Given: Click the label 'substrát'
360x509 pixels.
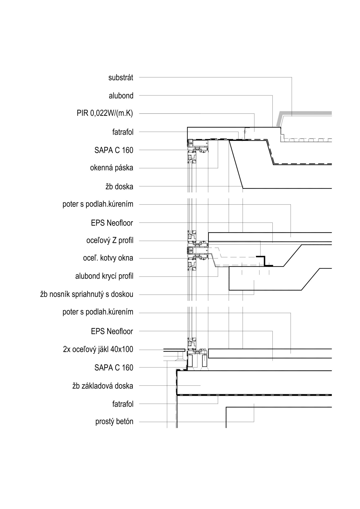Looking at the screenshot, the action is (x=121, y=78).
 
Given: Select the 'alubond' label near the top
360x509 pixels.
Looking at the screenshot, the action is (x=121, y=96).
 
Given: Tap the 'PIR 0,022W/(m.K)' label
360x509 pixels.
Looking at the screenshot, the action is (x=105, y=114).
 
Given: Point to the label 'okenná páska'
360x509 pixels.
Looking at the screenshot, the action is (x=112, y=168).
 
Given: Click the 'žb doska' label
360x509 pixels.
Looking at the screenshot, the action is (x=119, y=187).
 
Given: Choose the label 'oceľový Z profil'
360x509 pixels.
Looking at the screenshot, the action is (x=110, y=240).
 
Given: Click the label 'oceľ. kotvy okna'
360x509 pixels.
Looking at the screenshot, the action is (x=108, y=258).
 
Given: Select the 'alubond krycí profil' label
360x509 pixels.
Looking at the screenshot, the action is (x=104, y=276).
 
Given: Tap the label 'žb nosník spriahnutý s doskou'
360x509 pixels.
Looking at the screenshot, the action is (x=87, y=294).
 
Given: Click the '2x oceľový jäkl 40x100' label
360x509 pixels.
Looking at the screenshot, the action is (x=98, y=349).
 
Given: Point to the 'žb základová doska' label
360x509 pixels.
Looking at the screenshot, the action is (x=103, y=386).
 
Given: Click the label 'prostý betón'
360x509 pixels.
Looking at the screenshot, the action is (x=114, y=422).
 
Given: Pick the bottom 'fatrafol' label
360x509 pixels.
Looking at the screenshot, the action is (x=123, y=404).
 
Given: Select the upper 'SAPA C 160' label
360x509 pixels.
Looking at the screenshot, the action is (x=114, y=150).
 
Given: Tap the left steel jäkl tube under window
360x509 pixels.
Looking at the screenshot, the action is (x=190, y=361).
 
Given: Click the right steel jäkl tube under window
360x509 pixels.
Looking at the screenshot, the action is (x=204, y=361).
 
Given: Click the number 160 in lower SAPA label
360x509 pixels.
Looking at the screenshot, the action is (x=128, y=368).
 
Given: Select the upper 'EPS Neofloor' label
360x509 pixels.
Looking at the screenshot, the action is (x=112, y=223).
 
